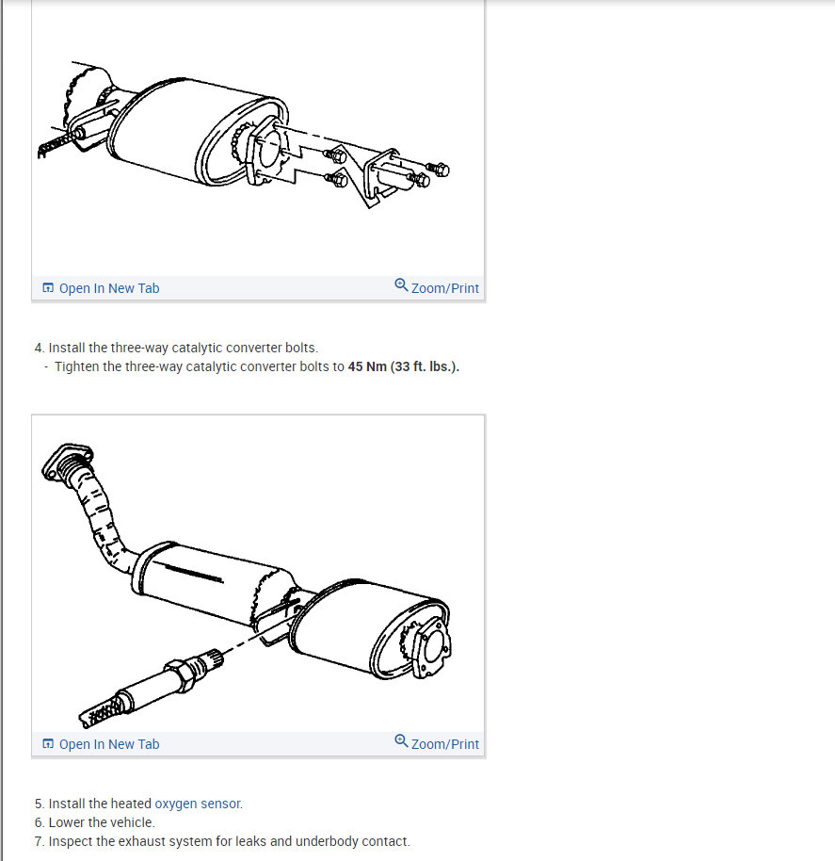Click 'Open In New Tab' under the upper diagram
pos(108,288)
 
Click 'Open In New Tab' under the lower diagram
pos(108,744)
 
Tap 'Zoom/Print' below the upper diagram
pos(444,288)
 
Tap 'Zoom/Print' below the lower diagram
pos(444,744)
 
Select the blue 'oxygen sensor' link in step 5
pos(198,804)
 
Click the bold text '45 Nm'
pos(367,366)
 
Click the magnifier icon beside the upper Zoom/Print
pos(402,286)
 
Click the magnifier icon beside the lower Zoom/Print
pos(402,742)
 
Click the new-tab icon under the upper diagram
pos(48,288)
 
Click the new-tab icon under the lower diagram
pos(48,744)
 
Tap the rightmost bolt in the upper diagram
pos(441,170)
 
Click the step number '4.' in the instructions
pos(40,348)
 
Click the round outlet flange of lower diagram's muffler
pos(431,651)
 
